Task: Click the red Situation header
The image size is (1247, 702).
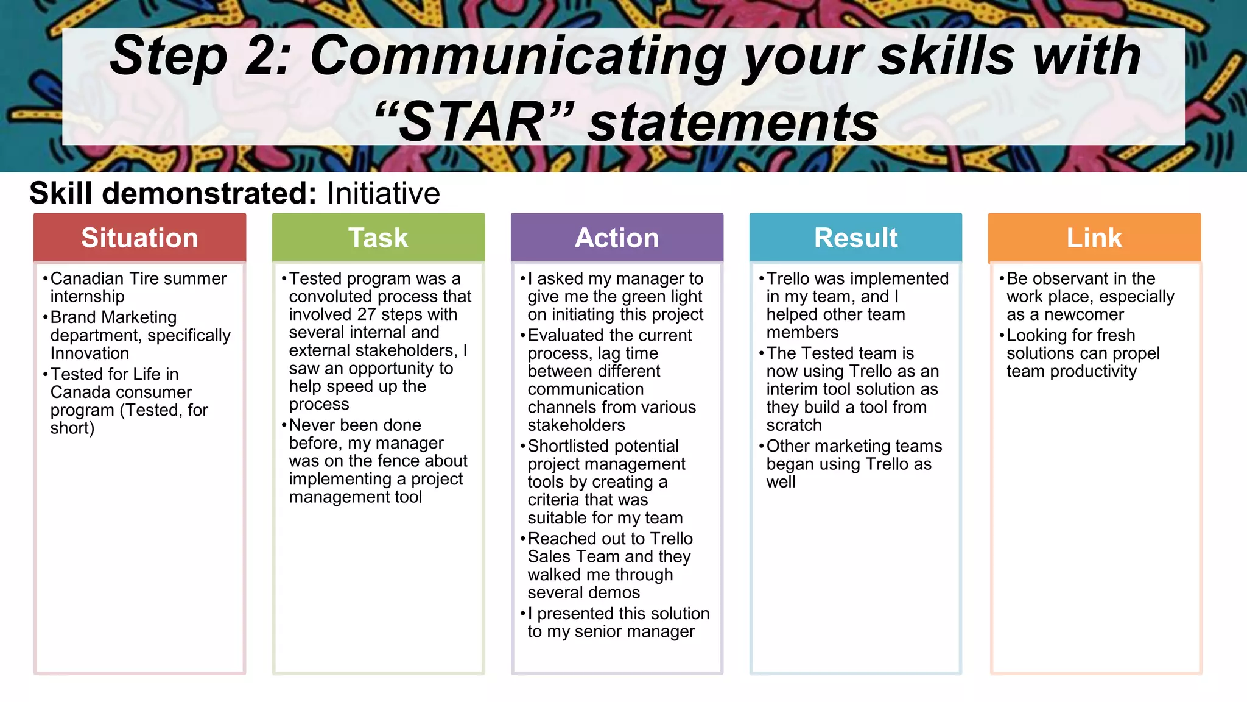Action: [139, 238]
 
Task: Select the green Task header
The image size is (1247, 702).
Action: [378, 238]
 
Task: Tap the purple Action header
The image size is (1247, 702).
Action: [617, 238]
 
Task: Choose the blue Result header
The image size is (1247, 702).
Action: [855, 238]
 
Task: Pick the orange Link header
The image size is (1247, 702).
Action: [1094, 238]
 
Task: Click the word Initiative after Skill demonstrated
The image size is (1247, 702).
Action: [383, 194]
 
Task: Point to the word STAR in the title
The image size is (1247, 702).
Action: [472, 122]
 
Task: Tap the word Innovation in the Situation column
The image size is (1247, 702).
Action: [90, 353]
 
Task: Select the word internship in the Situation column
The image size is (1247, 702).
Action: [87, 297]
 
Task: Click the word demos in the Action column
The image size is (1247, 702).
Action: [616, 592]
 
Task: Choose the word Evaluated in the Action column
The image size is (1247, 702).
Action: [567, 336]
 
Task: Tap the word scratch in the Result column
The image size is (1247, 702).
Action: [794, 425]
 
